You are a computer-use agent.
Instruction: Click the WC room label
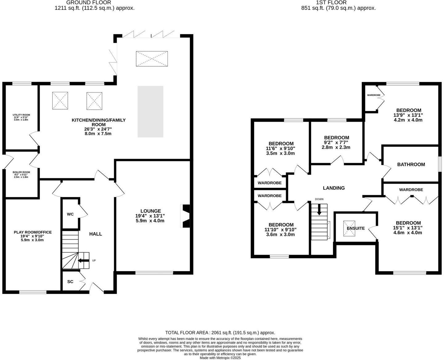coord(70,214)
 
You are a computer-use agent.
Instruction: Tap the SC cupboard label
coord(70,282)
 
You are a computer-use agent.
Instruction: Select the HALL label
coord(96,234)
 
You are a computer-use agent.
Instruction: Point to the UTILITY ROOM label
coord(21,115)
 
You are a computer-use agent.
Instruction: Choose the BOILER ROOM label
coord(21,172)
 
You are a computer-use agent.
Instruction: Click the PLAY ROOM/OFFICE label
coord(33,232)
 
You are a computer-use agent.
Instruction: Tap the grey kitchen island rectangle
coord(150,111)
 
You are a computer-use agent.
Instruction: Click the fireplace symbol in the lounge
coord(186,216)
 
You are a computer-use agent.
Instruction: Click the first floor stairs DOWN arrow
coord(319,210)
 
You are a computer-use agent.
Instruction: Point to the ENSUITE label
coord(356,228)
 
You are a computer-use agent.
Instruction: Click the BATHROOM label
coord(411,164)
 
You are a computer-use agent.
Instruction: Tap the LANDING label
coord(334,188)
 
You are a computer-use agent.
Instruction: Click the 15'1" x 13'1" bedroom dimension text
coord(408,228)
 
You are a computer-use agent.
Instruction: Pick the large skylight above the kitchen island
coord(152,59)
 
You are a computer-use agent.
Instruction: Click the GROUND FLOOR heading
coord(89,2)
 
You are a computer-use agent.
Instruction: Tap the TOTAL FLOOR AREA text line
coord(220,333)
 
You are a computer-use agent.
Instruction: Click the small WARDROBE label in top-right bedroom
coord(373,95)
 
